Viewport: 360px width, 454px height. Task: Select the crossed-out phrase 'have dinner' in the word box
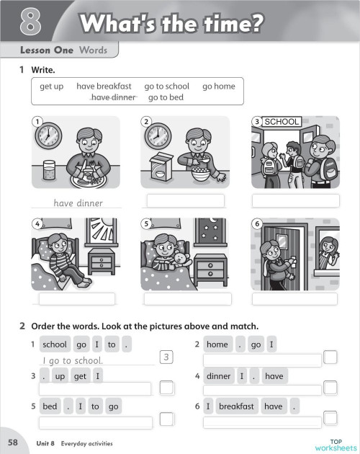tap(113, 97)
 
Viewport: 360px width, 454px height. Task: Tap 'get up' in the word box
tap(52, 86)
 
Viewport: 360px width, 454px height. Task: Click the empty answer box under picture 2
tap(184, 200)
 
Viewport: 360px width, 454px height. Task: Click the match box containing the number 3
tap(166, 357)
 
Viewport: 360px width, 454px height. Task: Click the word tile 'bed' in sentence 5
tap(50, 406)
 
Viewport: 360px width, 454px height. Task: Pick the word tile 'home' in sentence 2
tap(217, 344)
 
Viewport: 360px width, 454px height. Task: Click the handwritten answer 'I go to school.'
tap(73, 360)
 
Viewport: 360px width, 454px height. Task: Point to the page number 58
tap(13, 441)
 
